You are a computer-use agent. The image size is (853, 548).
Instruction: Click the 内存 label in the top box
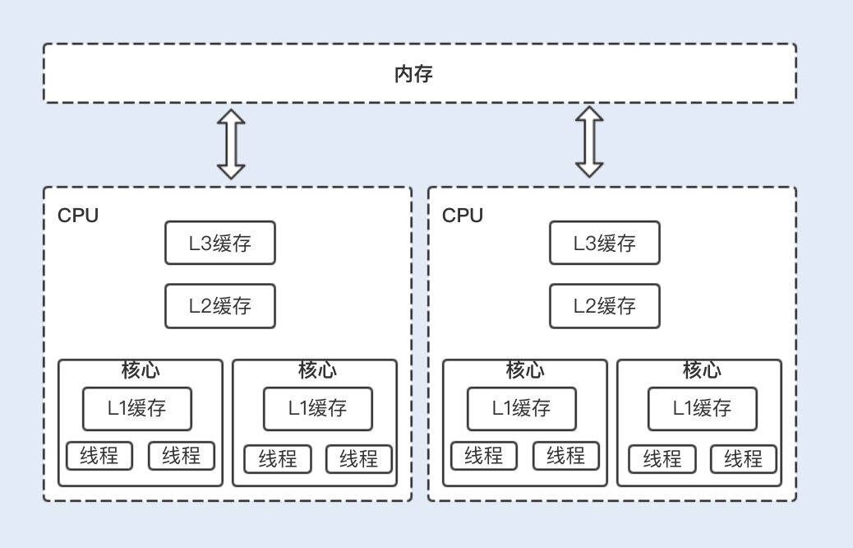[413, 74]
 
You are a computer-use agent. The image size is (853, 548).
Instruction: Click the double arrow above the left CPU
[231, 144]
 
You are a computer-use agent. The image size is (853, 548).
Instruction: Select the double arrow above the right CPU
[588, 142]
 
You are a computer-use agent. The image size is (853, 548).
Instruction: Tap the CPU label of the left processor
[78, 216]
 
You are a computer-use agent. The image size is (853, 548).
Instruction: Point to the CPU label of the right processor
[463, 216]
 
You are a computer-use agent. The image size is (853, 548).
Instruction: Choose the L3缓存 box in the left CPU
[219, 243]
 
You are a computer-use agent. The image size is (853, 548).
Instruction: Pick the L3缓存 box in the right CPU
[604, 243]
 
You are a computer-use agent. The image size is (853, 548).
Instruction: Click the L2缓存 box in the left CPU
[219, 306]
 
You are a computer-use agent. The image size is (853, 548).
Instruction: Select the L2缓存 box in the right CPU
[604, 306]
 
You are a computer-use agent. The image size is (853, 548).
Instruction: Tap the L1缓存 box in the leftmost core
[136, 408]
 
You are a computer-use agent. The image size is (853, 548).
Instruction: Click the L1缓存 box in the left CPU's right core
[317, 408]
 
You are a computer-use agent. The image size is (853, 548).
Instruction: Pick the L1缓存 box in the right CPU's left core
[521, 408]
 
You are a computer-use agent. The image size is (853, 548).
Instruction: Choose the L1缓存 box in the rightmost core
[702, 408]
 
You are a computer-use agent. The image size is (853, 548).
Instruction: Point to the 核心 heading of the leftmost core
[140, 370]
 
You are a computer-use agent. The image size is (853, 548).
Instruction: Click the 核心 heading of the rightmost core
[702, 370]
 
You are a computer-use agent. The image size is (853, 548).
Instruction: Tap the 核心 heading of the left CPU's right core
[317, 370]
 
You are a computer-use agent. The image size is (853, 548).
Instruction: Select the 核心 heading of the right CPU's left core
[525, 370]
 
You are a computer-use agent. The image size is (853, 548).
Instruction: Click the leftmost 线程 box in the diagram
[99, 456]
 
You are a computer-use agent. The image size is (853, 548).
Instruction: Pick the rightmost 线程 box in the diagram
[743, 459]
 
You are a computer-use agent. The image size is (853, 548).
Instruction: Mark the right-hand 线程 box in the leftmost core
[181, 456]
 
